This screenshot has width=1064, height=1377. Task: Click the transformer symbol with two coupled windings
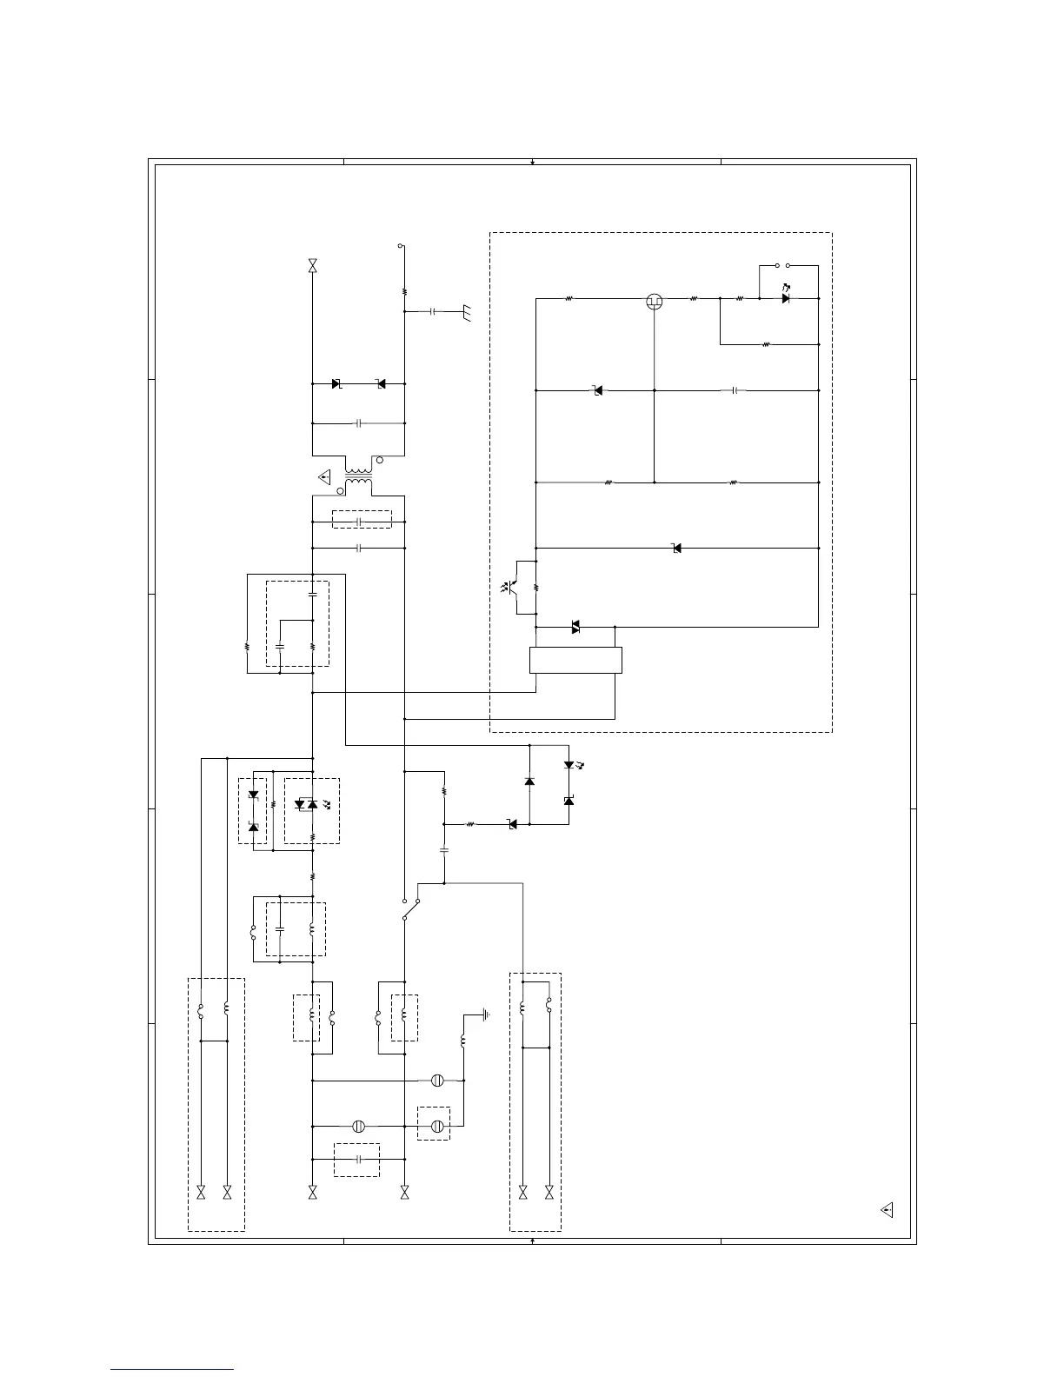358,478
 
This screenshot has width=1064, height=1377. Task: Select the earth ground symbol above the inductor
484,1014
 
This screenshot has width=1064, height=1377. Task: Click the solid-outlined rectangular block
575,660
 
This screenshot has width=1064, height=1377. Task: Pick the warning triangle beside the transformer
325,477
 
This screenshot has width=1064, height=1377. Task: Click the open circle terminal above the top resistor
401,246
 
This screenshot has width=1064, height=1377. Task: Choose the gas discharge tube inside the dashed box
437,1126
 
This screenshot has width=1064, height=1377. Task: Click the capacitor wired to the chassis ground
432,310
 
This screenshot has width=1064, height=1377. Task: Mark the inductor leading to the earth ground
462,1041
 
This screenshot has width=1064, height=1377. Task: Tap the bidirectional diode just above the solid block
575,626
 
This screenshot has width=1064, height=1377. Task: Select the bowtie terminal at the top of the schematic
312,266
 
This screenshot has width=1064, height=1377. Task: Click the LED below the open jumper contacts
786,298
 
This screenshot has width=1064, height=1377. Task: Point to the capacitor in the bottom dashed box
358,1159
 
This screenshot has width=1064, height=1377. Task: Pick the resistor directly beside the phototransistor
536,587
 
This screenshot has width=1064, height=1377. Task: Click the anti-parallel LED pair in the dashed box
306,805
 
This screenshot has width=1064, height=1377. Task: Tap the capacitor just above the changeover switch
444,849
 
